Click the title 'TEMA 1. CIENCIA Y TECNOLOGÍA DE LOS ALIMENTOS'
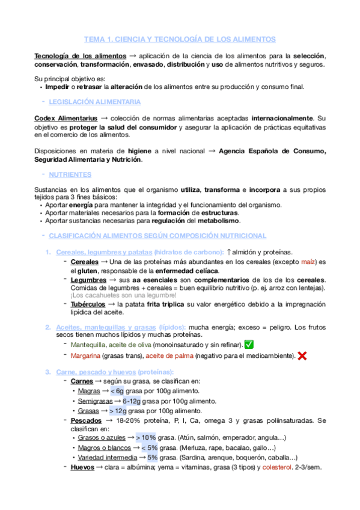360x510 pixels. coord(180,38)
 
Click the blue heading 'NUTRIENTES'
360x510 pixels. coord(70,174)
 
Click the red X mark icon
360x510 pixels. coord(302,356)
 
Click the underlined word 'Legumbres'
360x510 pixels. coord(90,280)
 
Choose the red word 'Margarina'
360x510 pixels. coord(87,356)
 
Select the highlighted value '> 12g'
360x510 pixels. coord(119,411)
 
